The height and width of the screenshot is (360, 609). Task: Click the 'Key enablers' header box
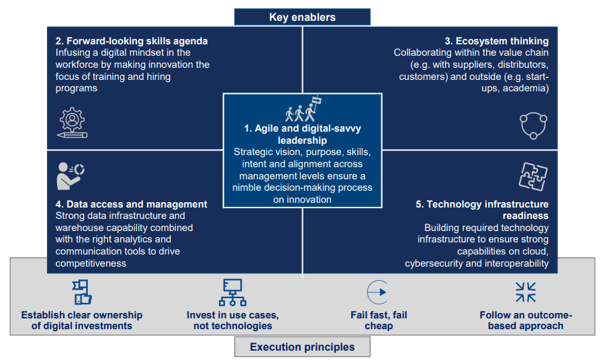pyautogui.click(x=302, y=17)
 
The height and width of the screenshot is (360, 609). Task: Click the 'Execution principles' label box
pyautogui.click(x=301, y=347)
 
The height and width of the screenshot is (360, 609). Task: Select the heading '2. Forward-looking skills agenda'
pyautogui.click(x=132, y=41)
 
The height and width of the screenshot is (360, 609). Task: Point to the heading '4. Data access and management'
pyautogui.click(x=132, y=204)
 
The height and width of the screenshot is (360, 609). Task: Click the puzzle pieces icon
pyautogui.click(x=532, y=177)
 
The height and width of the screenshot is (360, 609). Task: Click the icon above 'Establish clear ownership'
pyautogui.click(x=81, y=292)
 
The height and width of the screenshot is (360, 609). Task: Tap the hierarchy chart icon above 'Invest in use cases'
pyautogui.click(x=232, y=292)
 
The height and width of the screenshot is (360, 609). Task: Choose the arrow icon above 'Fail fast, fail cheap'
pyautogui.click(x=378, y=292)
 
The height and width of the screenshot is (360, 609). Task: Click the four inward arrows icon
pyautogui.click(x=525, y=292)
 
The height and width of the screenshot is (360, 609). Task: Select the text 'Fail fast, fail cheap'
pyautogui.click(x=379, y=320)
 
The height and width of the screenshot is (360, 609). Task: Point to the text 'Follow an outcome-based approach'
pyautogui.click(x=526, y=320)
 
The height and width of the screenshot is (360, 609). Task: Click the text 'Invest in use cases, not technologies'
pyautogui.click(x=232, y=320)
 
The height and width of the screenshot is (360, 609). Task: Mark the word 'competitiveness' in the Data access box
pyautogui.click(x=91, y=264)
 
